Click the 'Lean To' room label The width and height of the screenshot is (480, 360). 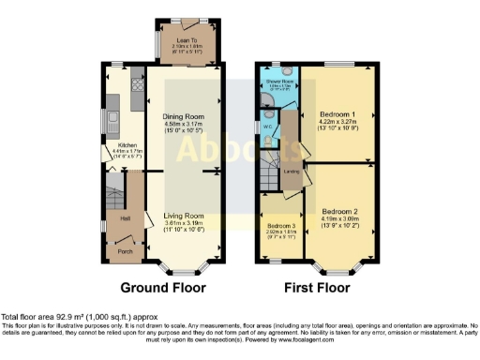(x=184, y=40)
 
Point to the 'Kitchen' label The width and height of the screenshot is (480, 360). (x=126, y=146)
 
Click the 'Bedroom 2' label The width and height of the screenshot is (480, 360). (x=339, y=212)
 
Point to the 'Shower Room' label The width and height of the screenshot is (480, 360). (x=278, y=108)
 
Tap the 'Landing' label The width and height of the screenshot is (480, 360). (x=292, y=172)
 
